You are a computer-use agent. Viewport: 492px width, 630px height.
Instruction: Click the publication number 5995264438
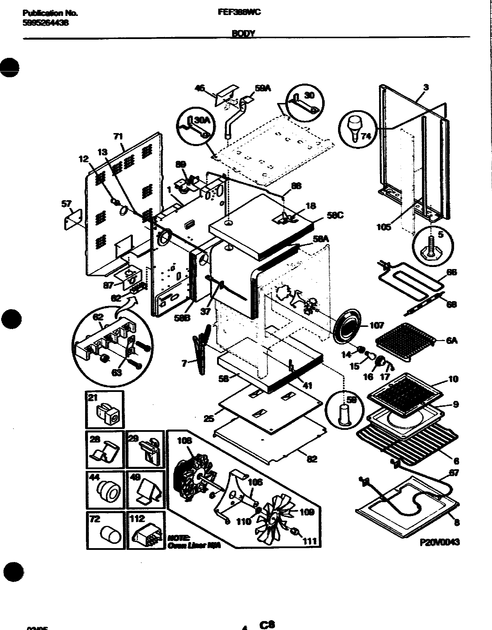tap(45, 23)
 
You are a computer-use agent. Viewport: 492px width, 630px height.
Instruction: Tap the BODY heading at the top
tap(243, 34)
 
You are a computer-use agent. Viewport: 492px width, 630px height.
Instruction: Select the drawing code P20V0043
tap(439, 542)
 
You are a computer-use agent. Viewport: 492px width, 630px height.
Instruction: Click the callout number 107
tap(377, 325)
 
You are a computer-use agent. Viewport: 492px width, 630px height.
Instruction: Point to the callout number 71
tap(119, 137)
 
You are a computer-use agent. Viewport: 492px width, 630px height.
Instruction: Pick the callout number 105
tap(384, 227)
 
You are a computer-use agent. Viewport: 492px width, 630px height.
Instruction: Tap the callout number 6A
tap(452, 340)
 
